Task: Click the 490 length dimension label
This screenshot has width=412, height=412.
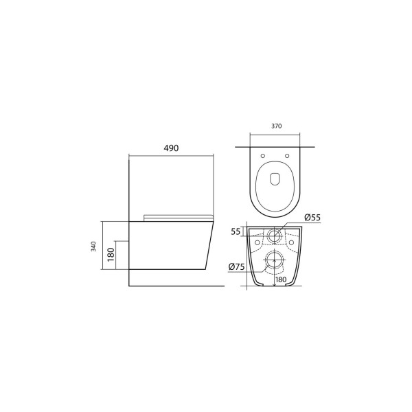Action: [171, 148]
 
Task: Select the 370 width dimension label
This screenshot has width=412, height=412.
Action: [277, 126]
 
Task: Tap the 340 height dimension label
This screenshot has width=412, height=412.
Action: [93, 247]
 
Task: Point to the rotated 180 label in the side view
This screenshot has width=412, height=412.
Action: [111, 254]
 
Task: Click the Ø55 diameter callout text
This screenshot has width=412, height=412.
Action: [312, 217]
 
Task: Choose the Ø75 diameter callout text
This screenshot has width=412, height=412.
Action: [236, 267]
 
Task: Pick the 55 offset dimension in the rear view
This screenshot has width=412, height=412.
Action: [236, 231]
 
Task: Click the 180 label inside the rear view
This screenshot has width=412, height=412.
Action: [281, 279]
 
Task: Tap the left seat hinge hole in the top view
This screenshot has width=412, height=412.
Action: [263, 156]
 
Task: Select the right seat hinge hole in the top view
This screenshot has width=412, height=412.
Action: [287, 156]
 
